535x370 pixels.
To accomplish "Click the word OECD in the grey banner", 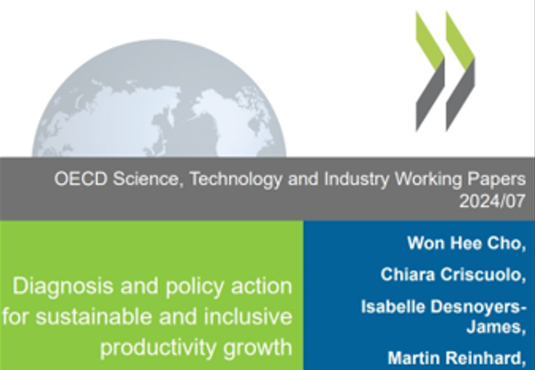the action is tap(81, 178).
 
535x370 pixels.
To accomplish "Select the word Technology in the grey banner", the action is tap(236, 180).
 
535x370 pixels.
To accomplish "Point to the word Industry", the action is tap(356, 180).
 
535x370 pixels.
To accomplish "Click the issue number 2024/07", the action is tap(493, 201).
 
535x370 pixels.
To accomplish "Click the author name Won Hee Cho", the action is tap(466, 244).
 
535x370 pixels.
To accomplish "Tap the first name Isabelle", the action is tap(394, 307).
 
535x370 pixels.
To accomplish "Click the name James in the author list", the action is tap(496, 327).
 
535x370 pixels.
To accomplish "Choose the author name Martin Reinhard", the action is tap(457, 358).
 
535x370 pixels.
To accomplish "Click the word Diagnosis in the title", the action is tap(63, 287).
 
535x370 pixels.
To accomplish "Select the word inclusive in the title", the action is tap(248, 317).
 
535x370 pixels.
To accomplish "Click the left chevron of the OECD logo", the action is tap(430, 71).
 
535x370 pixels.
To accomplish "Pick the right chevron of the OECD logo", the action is tap(460, 71).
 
